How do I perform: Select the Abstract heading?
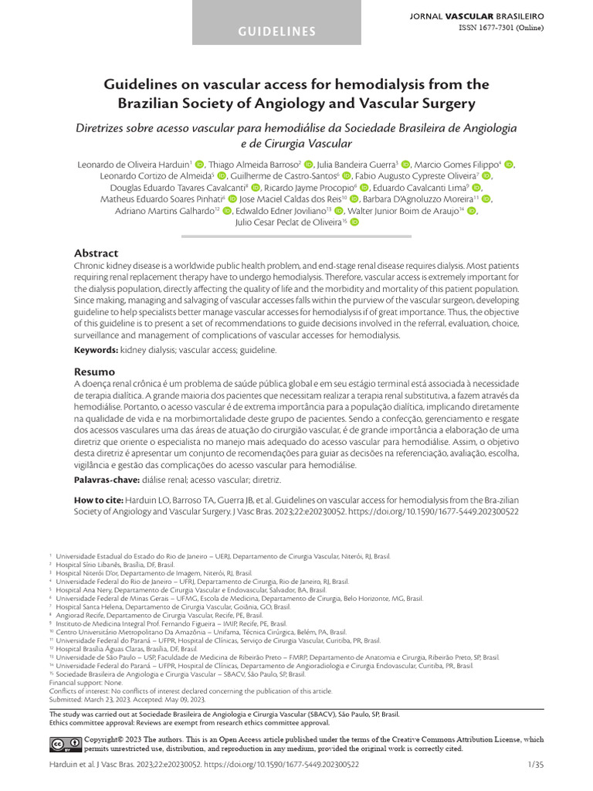pos(96,253)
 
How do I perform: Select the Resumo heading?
pos(94,372)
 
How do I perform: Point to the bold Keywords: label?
pos(96,350)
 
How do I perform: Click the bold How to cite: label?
pos(99,500)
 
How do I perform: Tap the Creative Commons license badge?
pos(65,743)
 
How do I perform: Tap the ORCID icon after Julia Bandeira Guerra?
pos(406,165)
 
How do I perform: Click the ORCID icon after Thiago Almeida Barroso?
pos(309,165)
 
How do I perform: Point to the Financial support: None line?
pos(86,684)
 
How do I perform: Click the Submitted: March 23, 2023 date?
pos(97,699)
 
